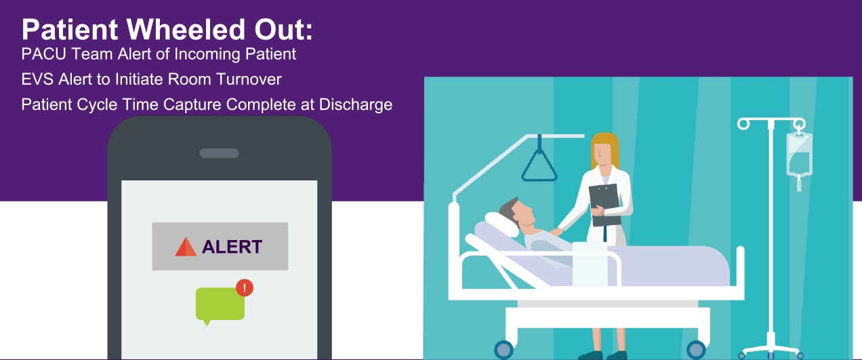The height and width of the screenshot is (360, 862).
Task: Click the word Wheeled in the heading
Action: [x=186, y=29]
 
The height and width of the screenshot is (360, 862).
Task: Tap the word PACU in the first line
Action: [x=44, y=54]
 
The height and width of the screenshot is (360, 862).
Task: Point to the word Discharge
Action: [x=356, y=104]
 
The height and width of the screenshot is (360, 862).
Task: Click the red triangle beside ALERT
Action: [x=186, y=247]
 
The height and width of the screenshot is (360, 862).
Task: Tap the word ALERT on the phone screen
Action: [x=232, y=247]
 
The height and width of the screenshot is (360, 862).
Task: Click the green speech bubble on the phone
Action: [x=220, y=305]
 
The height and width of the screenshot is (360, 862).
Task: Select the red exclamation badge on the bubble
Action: [x=245, y=287]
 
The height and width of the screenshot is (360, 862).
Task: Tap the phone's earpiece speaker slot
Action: [x=219, y=153]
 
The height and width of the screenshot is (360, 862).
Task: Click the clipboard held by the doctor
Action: [x=605, y=205]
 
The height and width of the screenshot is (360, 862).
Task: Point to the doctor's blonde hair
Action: [x=605, y=149]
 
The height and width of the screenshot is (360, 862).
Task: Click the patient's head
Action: [x=518, y=213]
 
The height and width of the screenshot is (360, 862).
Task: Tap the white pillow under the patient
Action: [x=501, y=224]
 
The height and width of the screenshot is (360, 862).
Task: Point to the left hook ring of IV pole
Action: [x=743, y=124]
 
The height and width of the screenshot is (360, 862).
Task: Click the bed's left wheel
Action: [x=504, y=350]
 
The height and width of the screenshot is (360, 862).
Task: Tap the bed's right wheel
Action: [x=696, y=350]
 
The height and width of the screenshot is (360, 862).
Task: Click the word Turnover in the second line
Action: [x=249, y=79]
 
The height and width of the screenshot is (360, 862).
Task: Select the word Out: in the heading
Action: [x=284, y=29]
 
